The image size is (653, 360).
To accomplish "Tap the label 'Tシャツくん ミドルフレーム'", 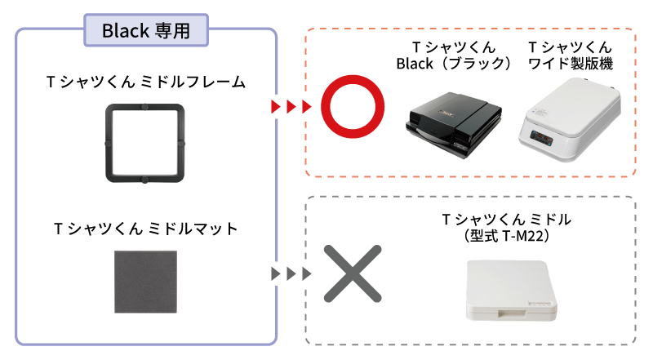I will click(x=146, y=82).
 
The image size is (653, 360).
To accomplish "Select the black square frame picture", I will click(x=146, y=142).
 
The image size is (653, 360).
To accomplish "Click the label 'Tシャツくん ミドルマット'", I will click(x=146, y=229).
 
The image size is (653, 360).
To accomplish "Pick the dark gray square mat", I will click(x=146, y=282).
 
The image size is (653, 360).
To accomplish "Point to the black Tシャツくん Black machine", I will click(x=445, y=122).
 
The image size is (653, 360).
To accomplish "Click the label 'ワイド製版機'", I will click(x=571, y=64).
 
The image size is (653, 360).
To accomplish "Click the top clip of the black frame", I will click(x=146, y=105).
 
